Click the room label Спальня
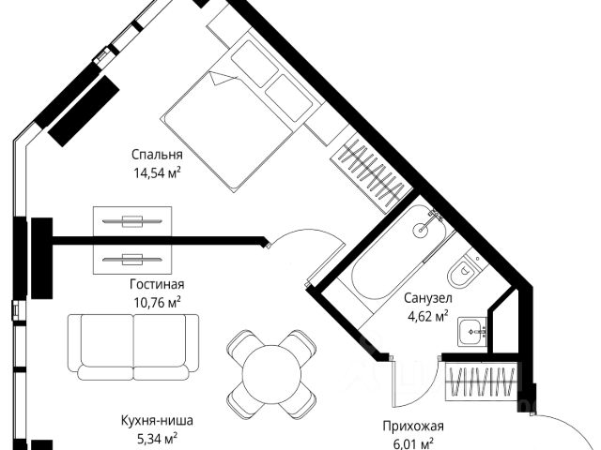pos(157,155)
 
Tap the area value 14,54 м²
pos(157,172)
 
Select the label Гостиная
pos(157,284)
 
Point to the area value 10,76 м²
pos(157,301)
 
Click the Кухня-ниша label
pos(150,420)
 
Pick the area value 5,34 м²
pos(150,437)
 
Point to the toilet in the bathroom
pos(464,272)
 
